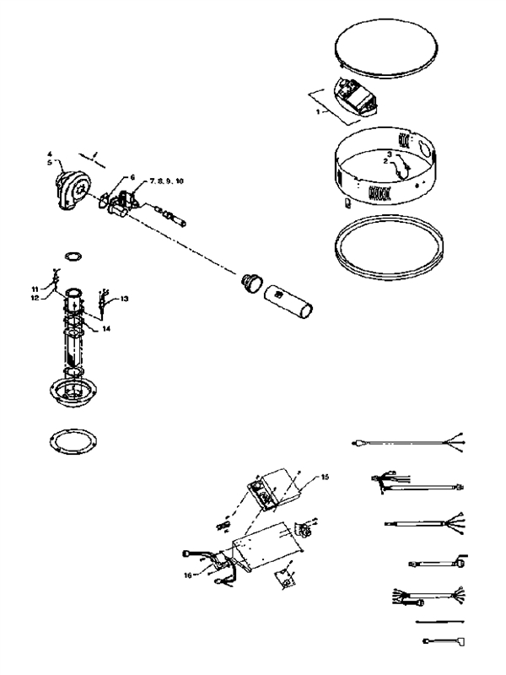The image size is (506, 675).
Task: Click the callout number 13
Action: tap(124, 299)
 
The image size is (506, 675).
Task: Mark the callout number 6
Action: tap(132, 177)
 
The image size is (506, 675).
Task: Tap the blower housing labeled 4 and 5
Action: tap(67, 186)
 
